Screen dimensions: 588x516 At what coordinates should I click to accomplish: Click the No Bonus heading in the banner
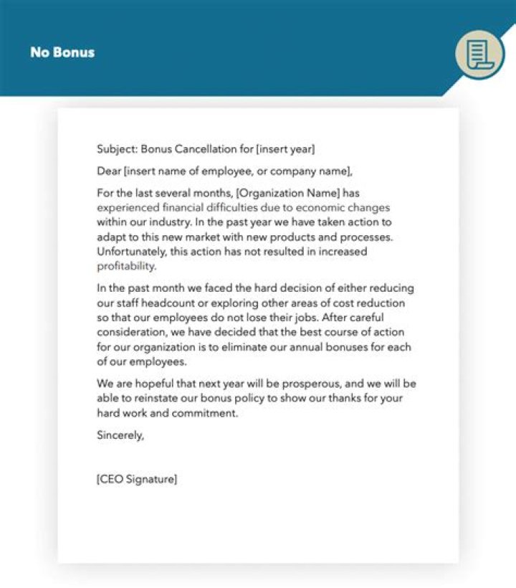pyautogui.click(x=62, y=52)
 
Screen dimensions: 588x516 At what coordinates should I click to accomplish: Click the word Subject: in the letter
pyautogui.click(x=117, y=149)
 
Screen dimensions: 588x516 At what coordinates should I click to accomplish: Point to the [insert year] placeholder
pyautogui.click(x=285, y=149)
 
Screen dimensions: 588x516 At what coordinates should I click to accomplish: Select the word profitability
pyautogui.click(x=126, y=265)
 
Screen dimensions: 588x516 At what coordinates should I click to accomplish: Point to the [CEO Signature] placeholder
pyautogui.click(x=137, y=480)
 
